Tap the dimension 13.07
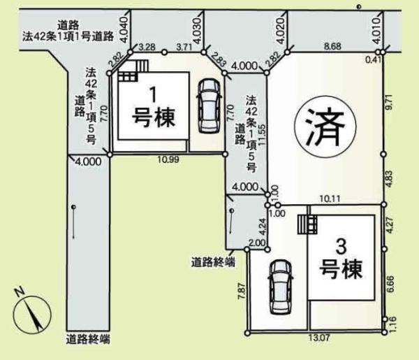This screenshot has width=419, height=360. pyautogui.click(x=318, y=339)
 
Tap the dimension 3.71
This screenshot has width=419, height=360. pyautogui.click(x=184, y=47)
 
